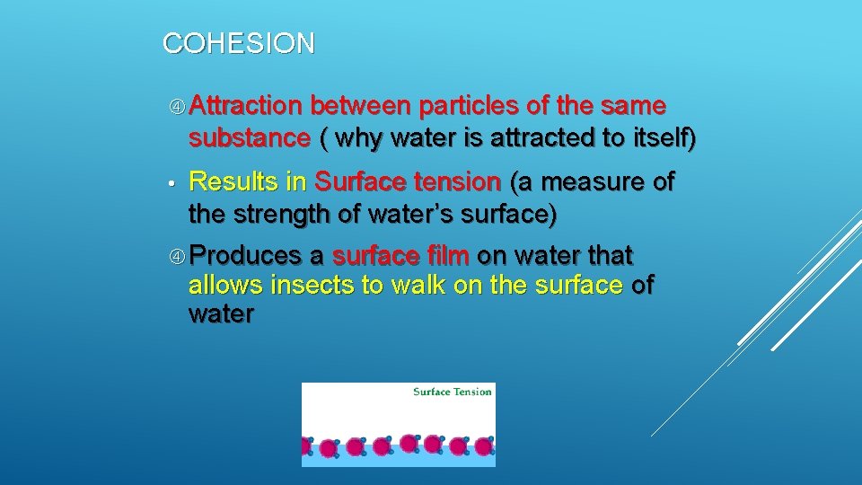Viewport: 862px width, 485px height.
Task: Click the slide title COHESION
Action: (239, 43)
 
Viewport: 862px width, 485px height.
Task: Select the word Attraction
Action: (245, 107)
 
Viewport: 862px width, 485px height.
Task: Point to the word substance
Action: (249, 139)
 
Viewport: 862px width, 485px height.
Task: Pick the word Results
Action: (233, 182)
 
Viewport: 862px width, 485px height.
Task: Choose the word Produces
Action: (245, 256)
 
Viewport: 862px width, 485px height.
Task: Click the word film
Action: (448, 256)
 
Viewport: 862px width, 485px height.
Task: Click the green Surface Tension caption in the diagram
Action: (452, 392)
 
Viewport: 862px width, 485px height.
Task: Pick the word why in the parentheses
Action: (363, 139)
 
